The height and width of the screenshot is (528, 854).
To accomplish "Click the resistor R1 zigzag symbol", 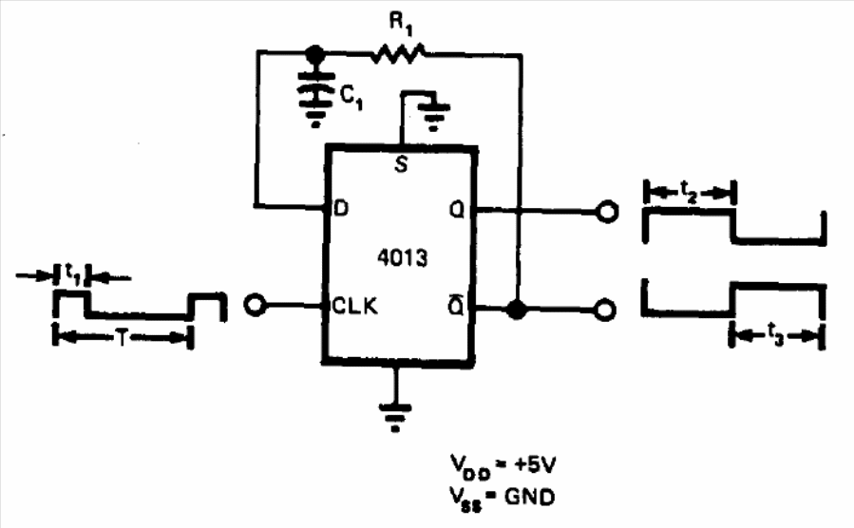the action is click(399, 54).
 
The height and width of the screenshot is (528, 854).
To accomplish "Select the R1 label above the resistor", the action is click(402, 24).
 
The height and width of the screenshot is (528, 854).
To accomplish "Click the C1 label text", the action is click(351, 98).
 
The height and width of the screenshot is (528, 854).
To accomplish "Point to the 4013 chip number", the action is click(403, 257).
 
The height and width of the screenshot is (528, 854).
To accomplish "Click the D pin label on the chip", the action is click(340, 208).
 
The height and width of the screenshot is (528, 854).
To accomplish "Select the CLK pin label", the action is click(354, 306).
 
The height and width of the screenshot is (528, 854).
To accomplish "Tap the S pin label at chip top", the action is click(402, 164).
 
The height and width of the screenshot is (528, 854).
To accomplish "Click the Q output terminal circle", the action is click(606, 211).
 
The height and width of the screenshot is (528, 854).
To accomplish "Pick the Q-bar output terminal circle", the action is click(604, 310).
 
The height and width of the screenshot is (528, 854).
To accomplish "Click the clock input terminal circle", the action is click(255, 305).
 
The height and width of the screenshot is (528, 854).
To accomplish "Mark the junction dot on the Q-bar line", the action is click(517, 310).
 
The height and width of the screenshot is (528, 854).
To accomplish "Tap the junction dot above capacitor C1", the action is click(314, 53).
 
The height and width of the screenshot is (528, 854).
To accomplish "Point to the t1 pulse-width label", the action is click(73, 273).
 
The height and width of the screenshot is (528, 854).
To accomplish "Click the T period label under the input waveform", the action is click(123, 339).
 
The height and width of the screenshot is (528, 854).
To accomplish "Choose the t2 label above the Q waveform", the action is click(689, 192).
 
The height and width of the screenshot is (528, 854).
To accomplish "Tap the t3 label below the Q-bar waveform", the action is click(775, 333).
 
